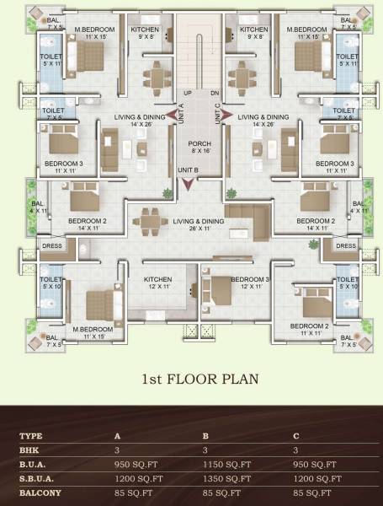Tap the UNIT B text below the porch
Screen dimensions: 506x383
[x=189, y=170]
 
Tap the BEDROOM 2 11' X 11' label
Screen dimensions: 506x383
[x=309, y=330]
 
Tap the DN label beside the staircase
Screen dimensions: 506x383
[x=215, y=92]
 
